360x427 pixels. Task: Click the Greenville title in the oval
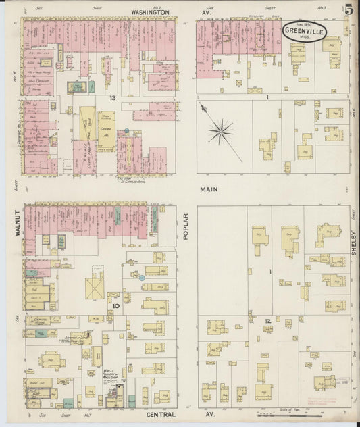(x=307, y=30)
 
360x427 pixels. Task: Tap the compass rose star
(x=220, y=130)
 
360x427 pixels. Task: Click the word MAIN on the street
(x=207, y=190)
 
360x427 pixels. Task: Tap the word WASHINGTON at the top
(x=150, y=12)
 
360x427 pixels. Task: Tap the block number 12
(x=267, y=320)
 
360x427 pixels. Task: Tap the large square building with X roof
(x=95, y=286)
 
